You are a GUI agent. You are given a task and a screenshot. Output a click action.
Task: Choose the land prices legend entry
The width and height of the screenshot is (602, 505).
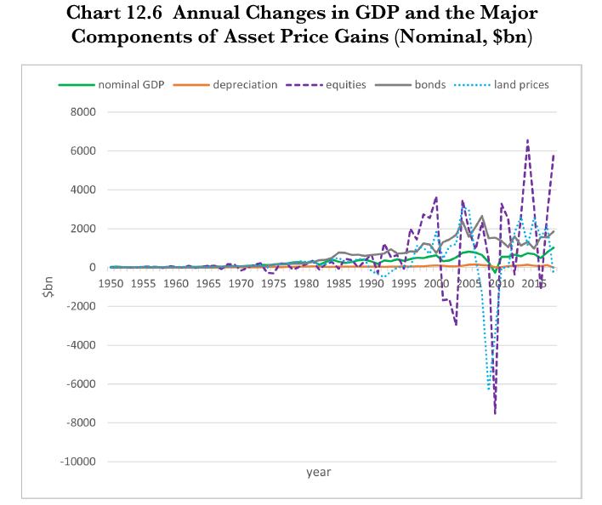click(521, 85)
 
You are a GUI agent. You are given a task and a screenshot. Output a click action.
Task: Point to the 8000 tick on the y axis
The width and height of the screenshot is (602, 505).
click(83, 112)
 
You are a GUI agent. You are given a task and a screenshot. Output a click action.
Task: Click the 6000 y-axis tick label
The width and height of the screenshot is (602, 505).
click(83, 151)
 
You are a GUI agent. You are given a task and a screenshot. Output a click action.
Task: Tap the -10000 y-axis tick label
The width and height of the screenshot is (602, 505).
click(78, 462)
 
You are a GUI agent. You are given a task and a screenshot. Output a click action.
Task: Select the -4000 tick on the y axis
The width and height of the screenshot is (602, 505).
click(81, 346)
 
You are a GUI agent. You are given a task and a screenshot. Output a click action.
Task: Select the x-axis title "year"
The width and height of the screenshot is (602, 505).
click(319, 472)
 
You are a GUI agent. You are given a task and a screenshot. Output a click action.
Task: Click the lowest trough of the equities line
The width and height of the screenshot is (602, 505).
click(495, 414)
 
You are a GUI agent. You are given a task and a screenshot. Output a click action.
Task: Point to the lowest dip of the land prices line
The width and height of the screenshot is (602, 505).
click(489, 389)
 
